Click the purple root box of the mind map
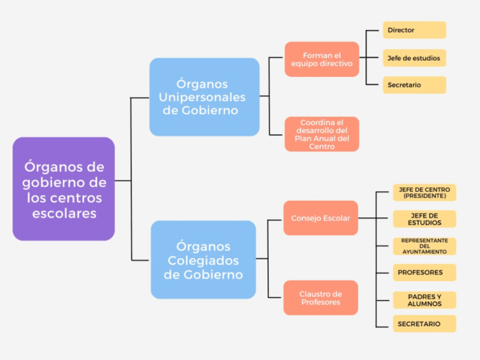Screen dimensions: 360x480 point(63,188)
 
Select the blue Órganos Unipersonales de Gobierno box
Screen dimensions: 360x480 point(204,97)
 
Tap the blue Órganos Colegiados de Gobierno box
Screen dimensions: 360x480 point(203,260)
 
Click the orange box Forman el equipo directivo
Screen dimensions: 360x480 point(322,59)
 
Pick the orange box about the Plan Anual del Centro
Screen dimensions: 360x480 point(322,134)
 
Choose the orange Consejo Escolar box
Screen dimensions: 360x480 point(320,218)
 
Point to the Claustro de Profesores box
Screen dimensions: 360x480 point(320,298)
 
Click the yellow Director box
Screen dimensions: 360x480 point(414,30)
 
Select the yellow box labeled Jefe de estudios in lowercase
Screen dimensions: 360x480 point(414,58)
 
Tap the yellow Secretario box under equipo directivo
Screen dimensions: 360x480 point(414,85)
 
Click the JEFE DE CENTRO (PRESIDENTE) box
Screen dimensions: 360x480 point(424,192)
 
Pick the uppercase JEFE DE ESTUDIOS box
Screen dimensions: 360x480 point(424,219)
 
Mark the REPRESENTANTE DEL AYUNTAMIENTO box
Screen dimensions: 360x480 point(424,246)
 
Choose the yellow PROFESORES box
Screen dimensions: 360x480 point(424,272)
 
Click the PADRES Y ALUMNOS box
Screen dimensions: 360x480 point(424,300)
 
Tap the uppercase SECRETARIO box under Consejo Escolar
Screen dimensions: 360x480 point(424,324)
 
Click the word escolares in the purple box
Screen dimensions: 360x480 point(64,214)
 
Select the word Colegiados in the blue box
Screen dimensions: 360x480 point(204,261)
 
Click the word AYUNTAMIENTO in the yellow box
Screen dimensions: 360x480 point(425,251)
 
